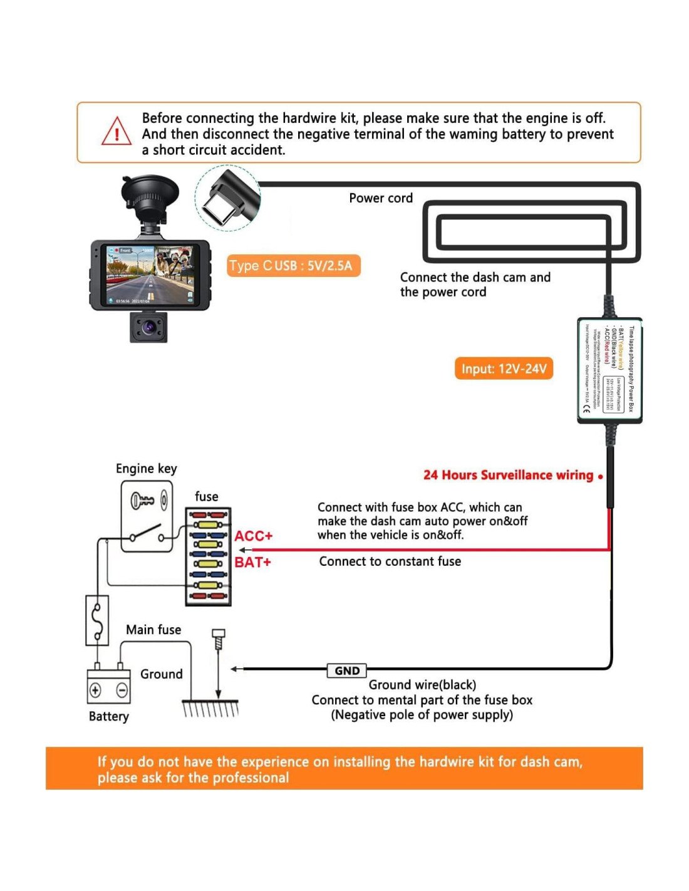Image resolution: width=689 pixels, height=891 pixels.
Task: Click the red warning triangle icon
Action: (117, 132)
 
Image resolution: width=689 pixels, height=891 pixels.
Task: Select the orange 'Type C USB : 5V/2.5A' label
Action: (293, 266)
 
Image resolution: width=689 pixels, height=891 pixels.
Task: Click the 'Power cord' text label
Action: (381, 198)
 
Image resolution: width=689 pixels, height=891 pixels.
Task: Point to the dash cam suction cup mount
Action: (150, 195)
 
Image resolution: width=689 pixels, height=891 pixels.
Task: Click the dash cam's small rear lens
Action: (148, 327)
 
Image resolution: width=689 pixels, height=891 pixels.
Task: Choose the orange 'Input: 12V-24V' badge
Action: (504, 368)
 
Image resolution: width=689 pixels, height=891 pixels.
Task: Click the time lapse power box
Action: (609, 370)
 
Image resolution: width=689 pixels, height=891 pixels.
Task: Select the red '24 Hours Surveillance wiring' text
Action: (508, 475)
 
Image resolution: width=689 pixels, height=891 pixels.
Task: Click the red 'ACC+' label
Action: (253, 536)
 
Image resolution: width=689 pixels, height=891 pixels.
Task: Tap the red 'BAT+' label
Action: (252, 562)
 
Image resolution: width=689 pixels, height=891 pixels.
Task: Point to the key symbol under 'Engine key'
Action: (142, 500)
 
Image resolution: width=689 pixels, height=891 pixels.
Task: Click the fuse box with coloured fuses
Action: (209, 556)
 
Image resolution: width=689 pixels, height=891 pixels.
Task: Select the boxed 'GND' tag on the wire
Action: (347, 670)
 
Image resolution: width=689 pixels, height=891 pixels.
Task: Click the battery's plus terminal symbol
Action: (95, 690)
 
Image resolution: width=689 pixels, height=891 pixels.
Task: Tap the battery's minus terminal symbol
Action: (122, 690)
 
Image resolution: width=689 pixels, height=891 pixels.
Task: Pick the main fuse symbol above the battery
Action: (97, 620)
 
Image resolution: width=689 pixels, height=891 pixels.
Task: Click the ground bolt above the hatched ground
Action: (218, 639)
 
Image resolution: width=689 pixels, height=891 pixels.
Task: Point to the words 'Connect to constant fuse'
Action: (390, 561)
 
